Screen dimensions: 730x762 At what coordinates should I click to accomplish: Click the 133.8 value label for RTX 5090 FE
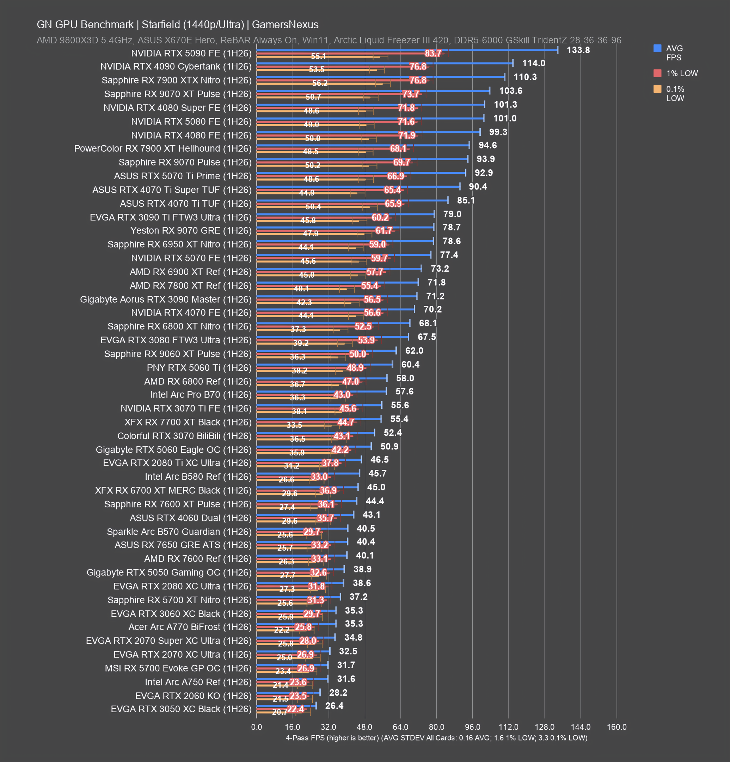pos(578,50)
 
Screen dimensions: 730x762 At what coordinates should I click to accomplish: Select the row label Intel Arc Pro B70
pos(201,395)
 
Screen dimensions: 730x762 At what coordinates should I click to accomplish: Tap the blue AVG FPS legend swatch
pos(657,48)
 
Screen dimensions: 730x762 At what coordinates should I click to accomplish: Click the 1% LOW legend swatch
pos(657,73)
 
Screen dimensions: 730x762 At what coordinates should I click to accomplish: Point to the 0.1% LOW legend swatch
pos(657,89)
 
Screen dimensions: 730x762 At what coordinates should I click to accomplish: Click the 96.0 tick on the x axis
pos(472,727)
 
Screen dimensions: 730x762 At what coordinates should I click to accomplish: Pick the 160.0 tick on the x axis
pos(616,727)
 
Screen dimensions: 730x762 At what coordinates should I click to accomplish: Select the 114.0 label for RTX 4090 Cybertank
pos(533,64)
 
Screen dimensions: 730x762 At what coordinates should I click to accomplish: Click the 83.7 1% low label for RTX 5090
pos(433,53)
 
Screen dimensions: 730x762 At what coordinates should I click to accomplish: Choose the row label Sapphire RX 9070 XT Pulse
pos(178,94)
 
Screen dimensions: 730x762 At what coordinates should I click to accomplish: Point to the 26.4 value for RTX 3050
pos(334,706)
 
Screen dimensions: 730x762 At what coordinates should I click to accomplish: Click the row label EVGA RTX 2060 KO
pos(194,696)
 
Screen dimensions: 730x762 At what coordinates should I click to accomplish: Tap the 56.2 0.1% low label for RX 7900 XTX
pos(320,83)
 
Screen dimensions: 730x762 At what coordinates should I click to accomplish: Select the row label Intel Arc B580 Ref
pos(198,477)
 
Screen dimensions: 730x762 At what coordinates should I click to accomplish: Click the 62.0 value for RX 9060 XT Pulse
pos(414,351)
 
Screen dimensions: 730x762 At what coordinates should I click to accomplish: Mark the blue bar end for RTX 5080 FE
pos(484,118)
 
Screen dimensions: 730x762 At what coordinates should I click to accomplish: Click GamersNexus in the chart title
pos(285,24)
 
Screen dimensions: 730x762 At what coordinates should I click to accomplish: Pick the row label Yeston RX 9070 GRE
pos(191,231)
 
